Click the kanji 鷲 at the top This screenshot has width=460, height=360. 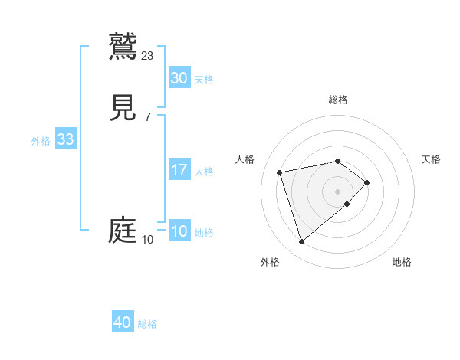[x=123, y=45]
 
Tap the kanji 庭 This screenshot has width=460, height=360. [x=123, y=230]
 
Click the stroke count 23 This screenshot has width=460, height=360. [x=148, y=55]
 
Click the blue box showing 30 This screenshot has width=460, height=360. [x=179, y=78]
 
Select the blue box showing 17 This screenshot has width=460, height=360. [x=179, y=170]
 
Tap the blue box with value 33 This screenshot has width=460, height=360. [x=65, y=140]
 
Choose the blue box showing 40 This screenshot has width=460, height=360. [x=122, y=323]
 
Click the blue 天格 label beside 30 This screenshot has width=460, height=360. [x=204, y=80]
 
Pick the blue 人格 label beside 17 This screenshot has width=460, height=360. [x=204, y=172]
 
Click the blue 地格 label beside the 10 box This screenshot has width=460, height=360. [x=204, y=233]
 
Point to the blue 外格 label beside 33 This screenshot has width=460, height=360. [x=41, y=141]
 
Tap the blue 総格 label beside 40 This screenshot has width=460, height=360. [x=147, y=324]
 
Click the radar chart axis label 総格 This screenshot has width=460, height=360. [x=337, y=100]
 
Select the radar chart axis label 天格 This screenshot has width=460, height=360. [x=431, y=159]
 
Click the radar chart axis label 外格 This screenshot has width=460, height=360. [x=270, y=262]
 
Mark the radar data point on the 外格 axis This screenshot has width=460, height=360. [x=301, y=242]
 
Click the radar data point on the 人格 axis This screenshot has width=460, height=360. [x=280, y=172]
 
